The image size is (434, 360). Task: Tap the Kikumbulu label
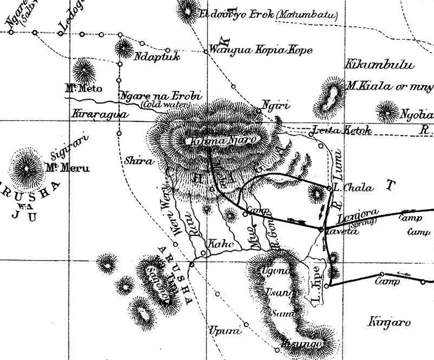(379, 65)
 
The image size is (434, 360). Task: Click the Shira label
(136, 160)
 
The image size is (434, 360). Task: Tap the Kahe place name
(220, 246)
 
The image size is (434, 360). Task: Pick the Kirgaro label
(390, 322)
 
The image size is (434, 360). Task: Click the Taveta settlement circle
(321, 229)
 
